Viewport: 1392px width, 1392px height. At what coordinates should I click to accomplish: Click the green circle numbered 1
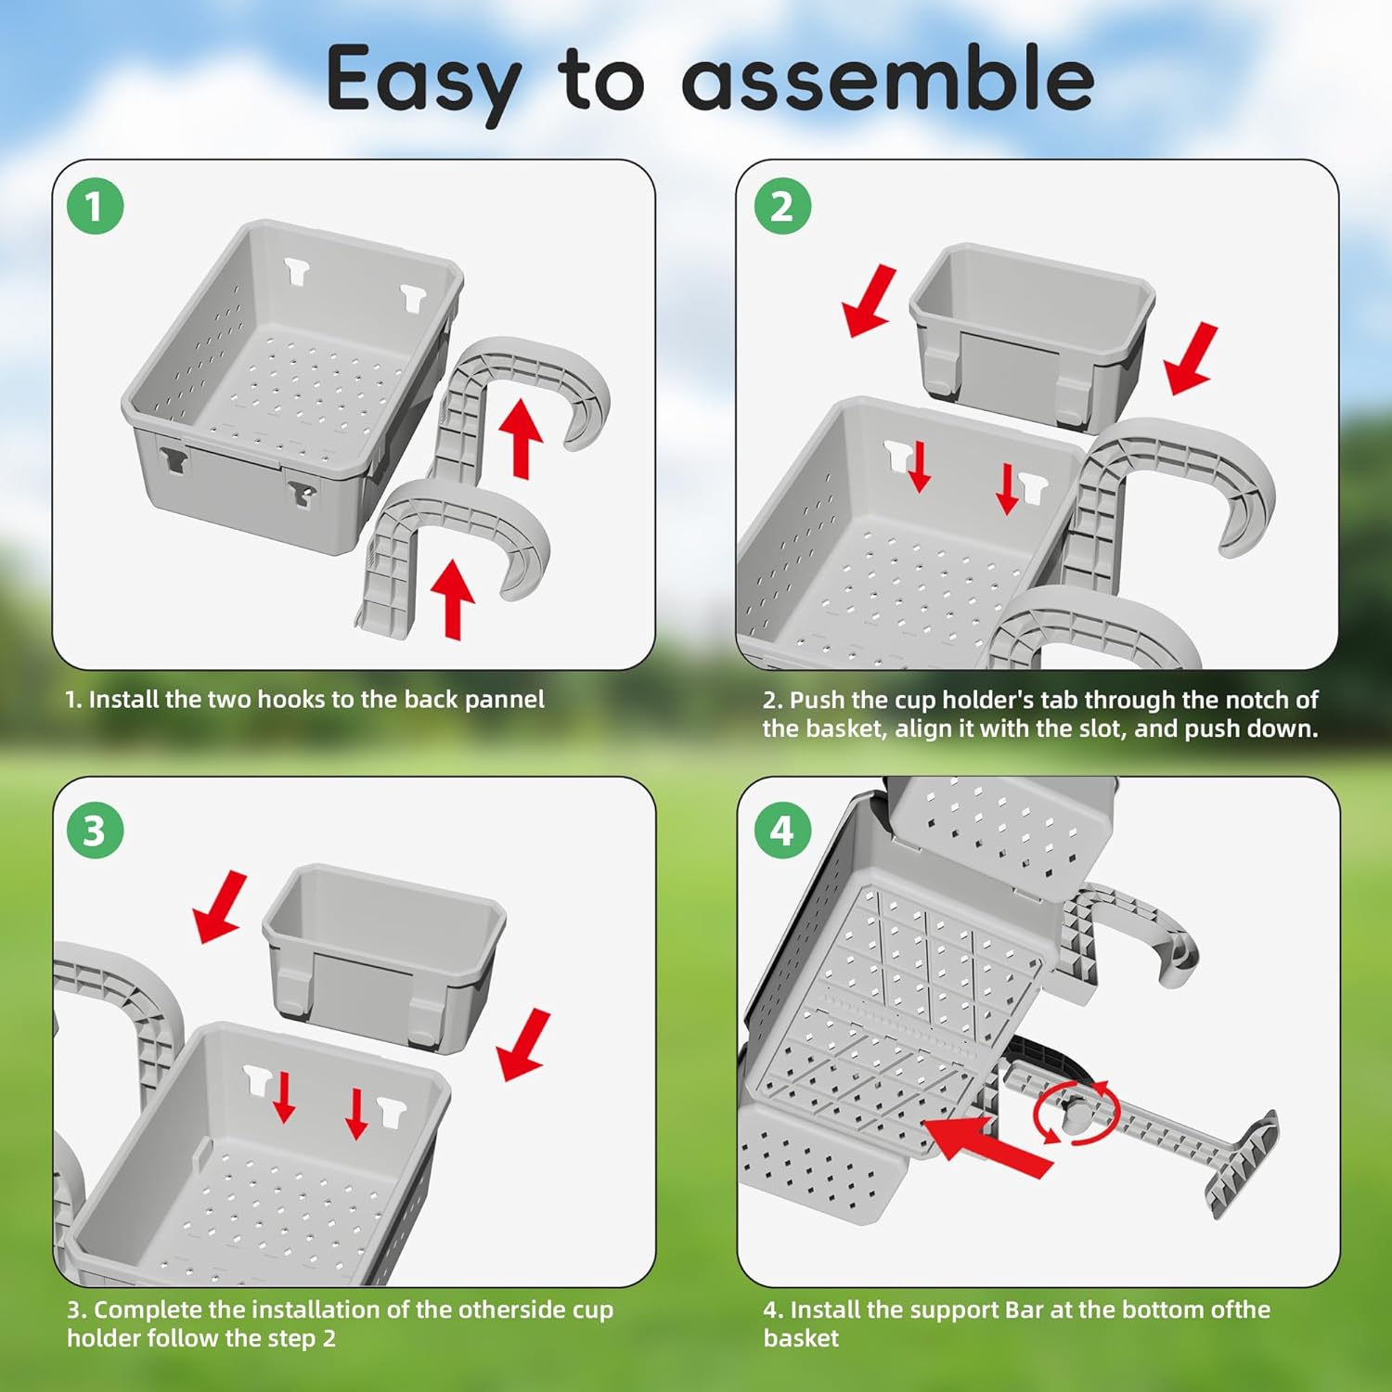tap(95, 206)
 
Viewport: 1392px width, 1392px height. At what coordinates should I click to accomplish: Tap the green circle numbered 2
tap(781, 206)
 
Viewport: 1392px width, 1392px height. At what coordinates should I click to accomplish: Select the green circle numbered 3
tap(95, 831)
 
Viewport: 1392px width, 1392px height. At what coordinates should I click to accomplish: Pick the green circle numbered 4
tap(781, 831)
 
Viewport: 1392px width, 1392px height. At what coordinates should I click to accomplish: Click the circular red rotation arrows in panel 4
tap(1076, 1111)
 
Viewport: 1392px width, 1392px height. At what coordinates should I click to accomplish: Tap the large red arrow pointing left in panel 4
tap(989, 1147)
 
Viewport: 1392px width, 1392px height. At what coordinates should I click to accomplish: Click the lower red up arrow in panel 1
tap(453, 599)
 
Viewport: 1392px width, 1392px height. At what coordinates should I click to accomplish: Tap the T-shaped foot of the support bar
tap(1244, 1165)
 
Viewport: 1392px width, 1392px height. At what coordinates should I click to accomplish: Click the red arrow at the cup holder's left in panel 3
tap(220, 908)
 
